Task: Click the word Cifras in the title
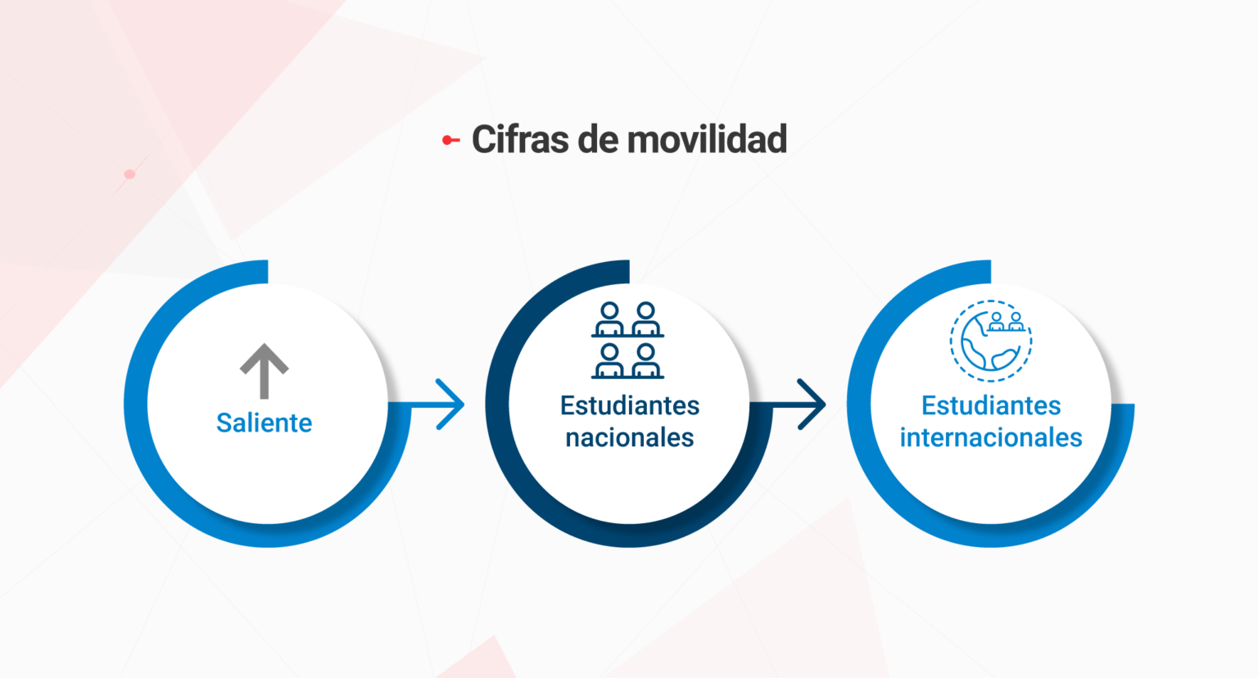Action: [519, 138]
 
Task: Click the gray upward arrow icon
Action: [264, 371]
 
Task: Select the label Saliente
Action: [264, 423]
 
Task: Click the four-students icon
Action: [627, 340]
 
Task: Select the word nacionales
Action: [630, 437]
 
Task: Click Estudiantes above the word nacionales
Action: [630, 405]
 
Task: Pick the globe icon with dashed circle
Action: [991, 341]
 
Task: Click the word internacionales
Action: [991, 437]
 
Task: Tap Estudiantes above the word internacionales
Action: [991, 405]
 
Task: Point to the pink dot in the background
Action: [129, 174]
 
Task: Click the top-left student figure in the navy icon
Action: [609, 319]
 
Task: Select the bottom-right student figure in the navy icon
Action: [646, 361]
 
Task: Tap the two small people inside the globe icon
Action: [1006, 322]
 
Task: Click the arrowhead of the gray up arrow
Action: [264, 359]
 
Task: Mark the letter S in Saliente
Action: [224, 423]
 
